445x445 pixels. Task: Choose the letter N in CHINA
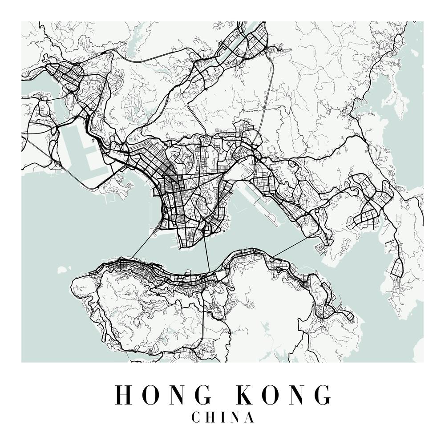point(235,417)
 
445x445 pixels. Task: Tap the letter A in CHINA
point(250,417)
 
